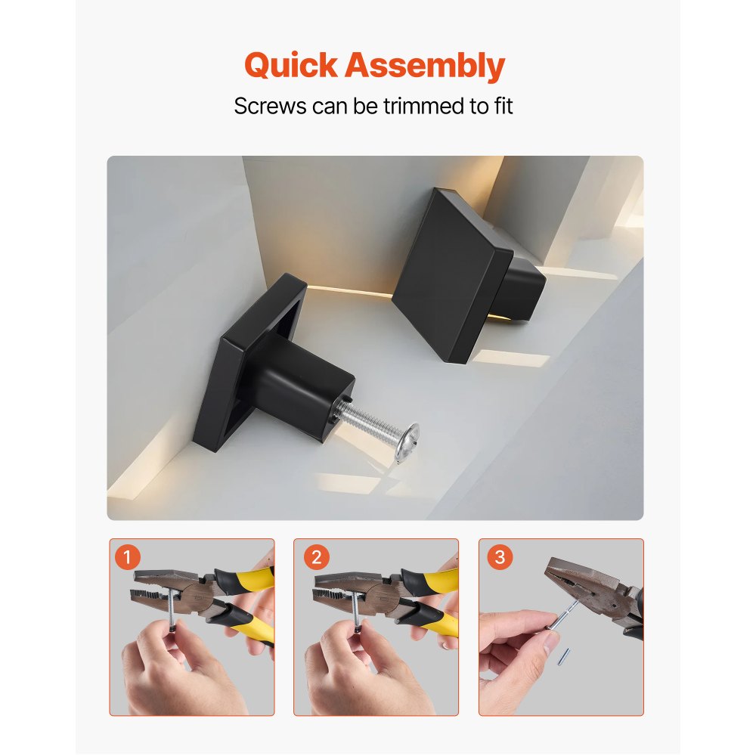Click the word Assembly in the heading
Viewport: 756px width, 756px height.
(424, 67)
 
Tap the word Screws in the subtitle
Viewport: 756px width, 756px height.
(268, 106)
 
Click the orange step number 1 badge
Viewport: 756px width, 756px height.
(129, 559)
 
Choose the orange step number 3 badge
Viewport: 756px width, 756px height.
(499, 559)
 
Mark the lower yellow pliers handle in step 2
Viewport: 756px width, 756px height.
(435, 620)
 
